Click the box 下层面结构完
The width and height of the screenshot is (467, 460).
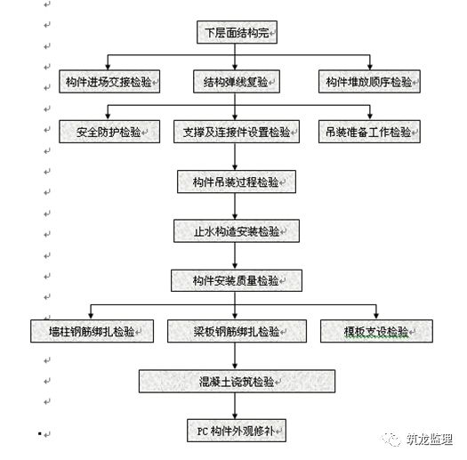238,32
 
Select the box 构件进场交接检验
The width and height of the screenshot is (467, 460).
109,81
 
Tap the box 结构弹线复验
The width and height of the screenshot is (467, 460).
237,81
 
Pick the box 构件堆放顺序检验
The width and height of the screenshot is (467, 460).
369,81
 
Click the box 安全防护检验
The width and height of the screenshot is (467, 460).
109,132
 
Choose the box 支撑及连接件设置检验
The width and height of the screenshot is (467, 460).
237,132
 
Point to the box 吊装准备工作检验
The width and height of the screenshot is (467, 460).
369,132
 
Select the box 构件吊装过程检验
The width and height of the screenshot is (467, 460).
237,182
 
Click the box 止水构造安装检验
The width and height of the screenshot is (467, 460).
237,231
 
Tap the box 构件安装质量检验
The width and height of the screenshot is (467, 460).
237,280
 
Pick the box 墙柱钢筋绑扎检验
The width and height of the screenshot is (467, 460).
92,331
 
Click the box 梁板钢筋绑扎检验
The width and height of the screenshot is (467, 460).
237,331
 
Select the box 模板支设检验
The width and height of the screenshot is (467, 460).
376,331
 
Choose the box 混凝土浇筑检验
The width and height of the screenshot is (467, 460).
237,381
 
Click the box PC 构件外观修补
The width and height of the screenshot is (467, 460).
237,431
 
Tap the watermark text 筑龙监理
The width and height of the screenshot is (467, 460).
430,440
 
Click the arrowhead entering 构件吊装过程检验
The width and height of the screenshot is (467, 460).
235,167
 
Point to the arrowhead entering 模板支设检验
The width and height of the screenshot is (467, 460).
376,317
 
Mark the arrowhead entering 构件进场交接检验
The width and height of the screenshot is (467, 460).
108,67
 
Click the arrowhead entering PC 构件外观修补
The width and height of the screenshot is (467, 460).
235,416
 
